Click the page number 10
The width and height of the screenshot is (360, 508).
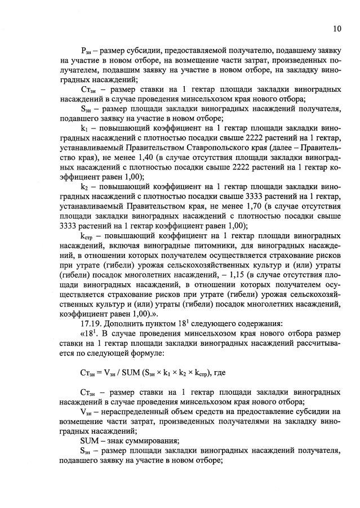tap(336, 29)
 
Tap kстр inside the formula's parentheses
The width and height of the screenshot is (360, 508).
tap(198, 372)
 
